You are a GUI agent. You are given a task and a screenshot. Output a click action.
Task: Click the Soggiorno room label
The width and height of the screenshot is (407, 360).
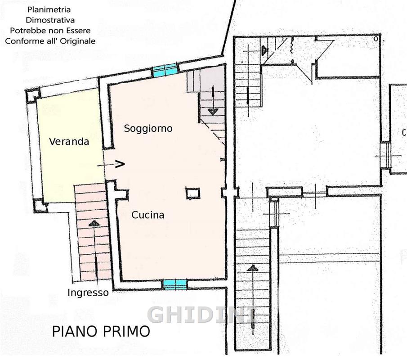pos(148,129)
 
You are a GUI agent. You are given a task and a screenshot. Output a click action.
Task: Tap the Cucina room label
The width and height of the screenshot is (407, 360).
pos(148,215)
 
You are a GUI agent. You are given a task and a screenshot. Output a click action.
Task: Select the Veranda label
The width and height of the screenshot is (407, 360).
pos(69,142)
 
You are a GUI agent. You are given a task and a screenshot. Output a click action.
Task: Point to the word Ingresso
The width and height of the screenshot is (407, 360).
pos(88,293)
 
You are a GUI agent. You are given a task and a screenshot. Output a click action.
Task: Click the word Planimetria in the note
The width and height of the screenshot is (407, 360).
pos(49,9)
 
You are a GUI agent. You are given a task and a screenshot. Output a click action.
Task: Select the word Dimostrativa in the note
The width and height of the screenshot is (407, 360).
pos(50,20)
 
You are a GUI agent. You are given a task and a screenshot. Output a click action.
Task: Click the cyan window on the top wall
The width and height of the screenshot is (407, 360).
pos(165,70)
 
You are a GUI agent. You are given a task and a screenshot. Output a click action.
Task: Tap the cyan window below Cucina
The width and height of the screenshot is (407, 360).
pos(175,285)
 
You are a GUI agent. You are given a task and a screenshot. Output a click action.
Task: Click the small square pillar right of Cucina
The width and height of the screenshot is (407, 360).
pos(192,193)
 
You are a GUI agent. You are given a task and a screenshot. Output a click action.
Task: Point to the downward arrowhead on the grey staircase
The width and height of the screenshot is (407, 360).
pos(213,112)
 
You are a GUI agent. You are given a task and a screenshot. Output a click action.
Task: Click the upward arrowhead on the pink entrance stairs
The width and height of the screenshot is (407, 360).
pos(94,223)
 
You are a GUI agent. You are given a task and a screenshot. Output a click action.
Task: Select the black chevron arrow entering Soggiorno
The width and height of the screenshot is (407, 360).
pos(120,164)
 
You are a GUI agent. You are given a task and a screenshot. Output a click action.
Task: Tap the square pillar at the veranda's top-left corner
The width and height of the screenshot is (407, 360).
pos(33,95)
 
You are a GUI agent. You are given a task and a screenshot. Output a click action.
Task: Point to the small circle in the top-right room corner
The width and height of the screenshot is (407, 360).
pos(376,39)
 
